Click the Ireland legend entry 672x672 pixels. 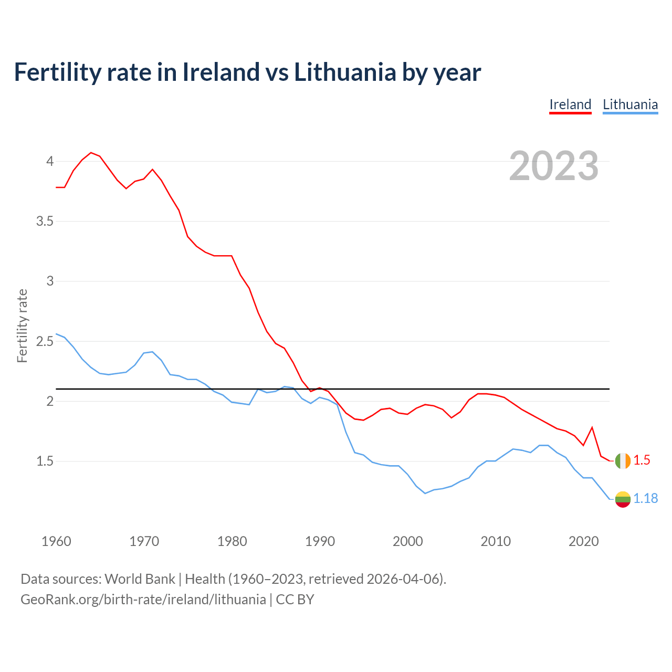(570, 104)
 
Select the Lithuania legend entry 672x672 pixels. (630, 104)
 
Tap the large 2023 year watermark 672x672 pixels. (554, 166)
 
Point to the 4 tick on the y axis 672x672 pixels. (50, 161)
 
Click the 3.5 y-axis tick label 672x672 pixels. (45, 221)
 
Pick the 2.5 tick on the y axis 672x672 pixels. (45, 341)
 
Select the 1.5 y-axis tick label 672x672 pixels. (45, 461)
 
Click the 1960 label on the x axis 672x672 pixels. (56, 541)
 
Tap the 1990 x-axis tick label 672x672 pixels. (320, 541)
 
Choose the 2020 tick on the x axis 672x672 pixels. (583, 541)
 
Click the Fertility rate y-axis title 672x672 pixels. (22, 325)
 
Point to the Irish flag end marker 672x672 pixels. (623, 460)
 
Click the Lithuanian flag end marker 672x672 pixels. (623, 499)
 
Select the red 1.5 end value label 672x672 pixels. (642, 460)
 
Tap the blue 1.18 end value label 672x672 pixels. (645, 499)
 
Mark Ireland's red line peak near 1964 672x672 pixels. (91, 153)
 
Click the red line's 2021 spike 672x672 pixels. (592, 427)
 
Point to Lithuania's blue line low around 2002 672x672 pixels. (425, 493)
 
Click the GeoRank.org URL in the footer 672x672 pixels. (143, 600)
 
